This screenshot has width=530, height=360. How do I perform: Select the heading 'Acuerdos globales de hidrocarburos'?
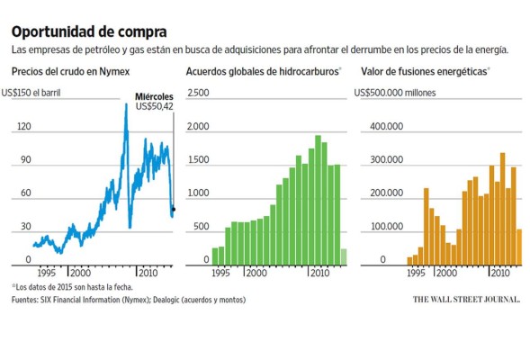[x=263, y=71]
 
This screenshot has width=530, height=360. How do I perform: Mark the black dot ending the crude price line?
[x=173, y=209]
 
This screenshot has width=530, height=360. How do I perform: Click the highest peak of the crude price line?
[x=125, y=106]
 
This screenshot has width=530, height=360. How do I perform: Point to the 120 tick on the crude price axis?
[x=23, y=127]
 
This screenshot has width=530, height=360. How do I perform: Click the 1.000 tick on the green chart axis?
[x=198, y=194]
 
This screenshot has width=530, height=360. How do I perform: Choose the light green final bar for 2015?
[x=343, y=256]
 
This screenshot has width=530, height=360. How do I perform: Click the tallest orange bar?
[x=502, y=209]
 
